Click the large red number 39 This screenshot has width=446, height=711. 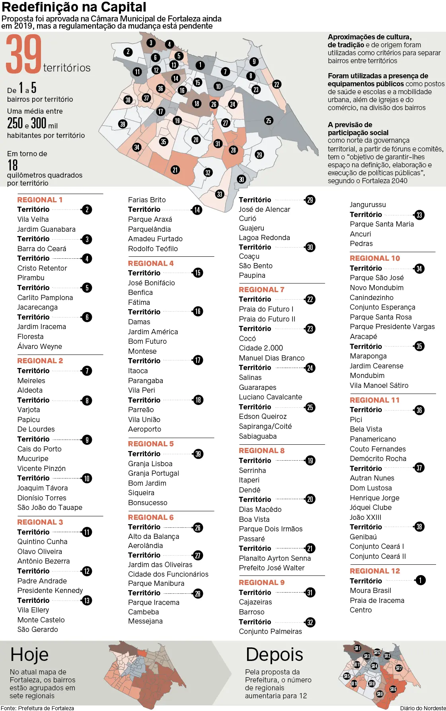[24, 54]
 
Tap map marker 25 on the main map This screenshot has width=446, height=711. [269, 120]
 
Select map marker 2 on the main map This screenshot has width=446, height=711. [128, 52]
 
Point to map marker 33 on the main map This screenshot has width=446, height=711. [220, 194]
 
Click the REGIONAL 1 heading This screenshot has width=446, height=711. [40, 200]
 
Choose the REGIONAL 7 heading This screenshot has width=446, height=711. [261, 290]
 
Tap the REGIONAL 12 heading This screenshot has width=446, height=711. [375, 571]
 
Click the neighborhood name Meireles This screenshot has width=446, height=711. [31, 381]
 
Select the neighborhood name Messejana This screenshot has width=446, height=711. [145, 621]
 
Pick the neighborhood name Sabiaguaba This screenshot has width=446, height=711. [258, 436]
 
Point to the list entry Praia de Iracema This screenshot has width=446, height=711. [377, 601]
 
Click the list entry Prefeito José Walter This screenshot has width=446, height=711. [272, 568]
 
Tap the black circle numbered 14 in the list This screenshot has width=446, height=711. [197, 210]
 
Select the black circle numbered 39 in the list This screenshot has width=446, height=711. [198, 454]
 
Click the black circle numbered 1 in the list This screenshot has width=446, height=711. [420, 581]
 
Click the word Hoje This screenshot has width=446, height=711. [29, 655]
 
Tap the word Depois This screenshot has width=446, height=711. [275, 655]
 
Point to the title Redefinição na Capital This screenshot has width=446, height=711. [74, 7]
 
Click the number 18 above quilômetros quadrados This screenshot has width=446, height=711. [13, 165]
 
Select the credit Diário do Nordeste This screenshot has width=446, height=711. [423, 708]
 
